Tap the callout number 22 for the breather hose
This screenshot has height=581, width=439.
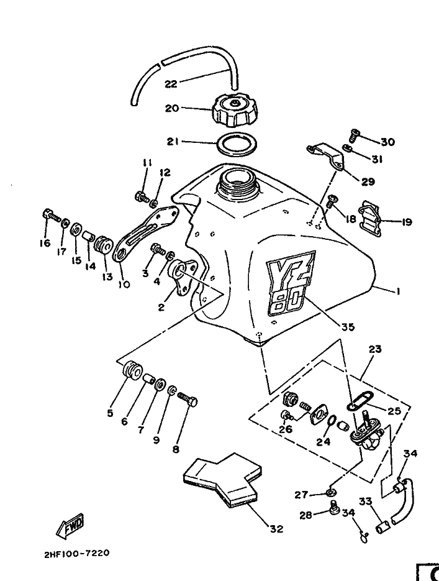tap(171, 84)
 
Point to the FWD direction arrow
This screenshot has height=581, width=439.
tap(70, 526)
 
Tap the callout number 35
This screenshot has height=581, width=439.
tap(348, 327)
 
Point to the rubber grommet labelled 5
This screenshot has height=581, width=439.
tap(132, 370)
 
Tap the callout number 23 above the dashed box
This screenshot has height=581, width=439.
tap(375, 349)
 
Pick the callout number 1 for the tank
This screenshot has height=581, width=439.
tap(397, 291)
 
